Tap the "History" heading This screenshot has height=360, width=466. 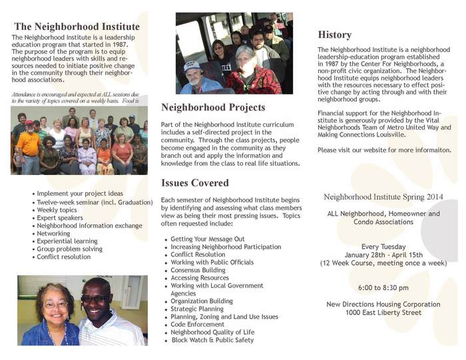pos(335,35)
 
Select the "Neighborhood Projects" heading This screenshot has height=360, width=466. pos(213,107)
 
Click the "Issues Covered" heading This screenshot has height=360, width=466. pos(195,183)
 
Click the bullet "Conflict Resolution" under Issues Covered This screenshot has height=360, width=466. pos(198,254)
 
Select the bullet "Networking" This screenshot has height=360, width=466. pos(54,234)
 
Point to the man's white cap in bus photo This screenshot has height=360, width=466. pos(192,66)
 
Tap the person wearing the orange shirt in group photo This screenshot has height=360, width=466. pos(29,143)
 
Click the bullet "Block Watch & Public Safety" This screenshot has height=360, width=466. pos(212,340)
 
